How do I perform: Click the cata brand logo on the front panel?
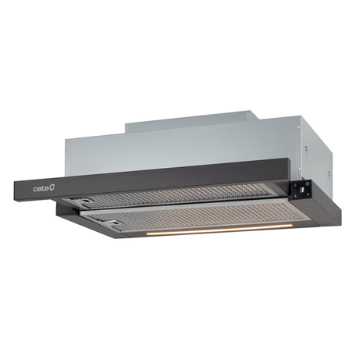click(44, 188)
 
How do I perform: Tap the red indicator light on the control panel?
click(295, 186)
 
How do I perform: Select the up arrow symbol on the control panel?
click(308, 194)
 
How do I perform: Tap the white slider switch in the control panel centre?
click(302, 190)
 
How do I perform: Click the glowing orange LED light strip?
click(219, 230)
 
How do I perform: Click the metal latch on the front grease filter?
click(112, 223)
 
